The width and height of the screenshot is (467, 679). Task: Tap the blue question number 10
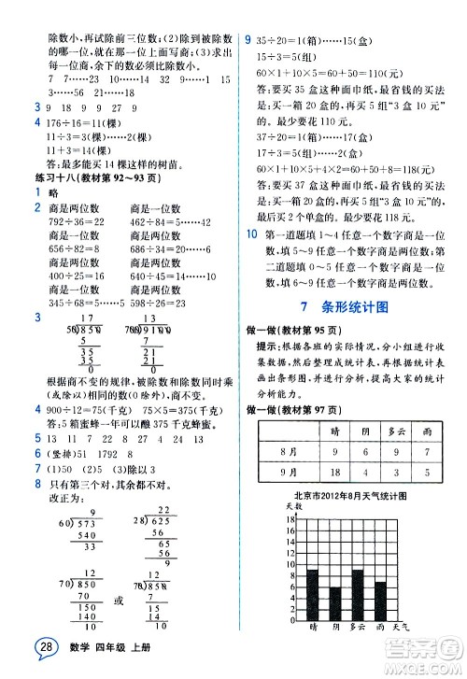point(248,233)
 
